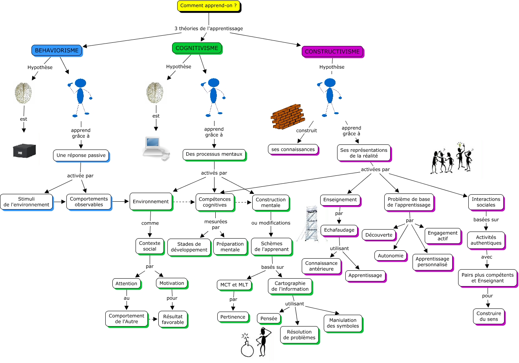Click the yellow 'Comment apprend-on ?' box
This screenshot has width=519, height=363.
(x=208, y=6)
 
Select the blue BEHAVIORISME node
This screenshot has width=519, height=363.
(x=57, y=50)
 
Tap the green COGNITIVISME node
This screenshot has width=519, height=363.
(x=196, y=48)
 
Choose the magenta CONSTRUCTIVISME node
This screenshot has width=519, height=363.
(x=332, y=51)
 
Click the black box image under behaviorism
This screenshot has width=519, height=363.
(x=24, y=151)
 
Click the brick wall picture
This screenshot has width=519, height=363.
(x=288, y=117)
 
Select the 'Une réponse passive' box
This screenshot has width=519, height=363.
(x=81, y=155)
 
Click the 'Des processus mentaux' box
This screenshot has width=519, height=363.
(x=214, y=154)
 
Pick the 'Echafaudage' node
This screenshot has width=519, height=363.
(x=339, y=230)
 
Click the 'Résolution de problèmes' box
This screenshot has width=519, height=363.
(x=299, y=335)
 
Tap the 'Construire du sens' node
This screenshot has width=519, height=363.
(x=488, y=316)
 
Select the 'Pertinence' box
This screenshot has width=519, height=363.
(x=233, y=317)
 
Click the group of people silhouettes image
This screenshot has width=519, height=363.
(x=452, y=159)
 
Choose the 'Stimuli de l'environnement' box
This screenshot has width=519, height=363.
(x=26, y=202)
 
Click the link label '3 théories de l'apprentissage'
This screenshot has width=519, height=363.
(x=209, y=28)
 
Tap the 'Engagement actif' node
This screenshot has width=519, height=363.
(x=442, y=236)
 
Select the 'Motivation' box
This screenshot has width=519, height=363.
(x=172, y=283)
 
